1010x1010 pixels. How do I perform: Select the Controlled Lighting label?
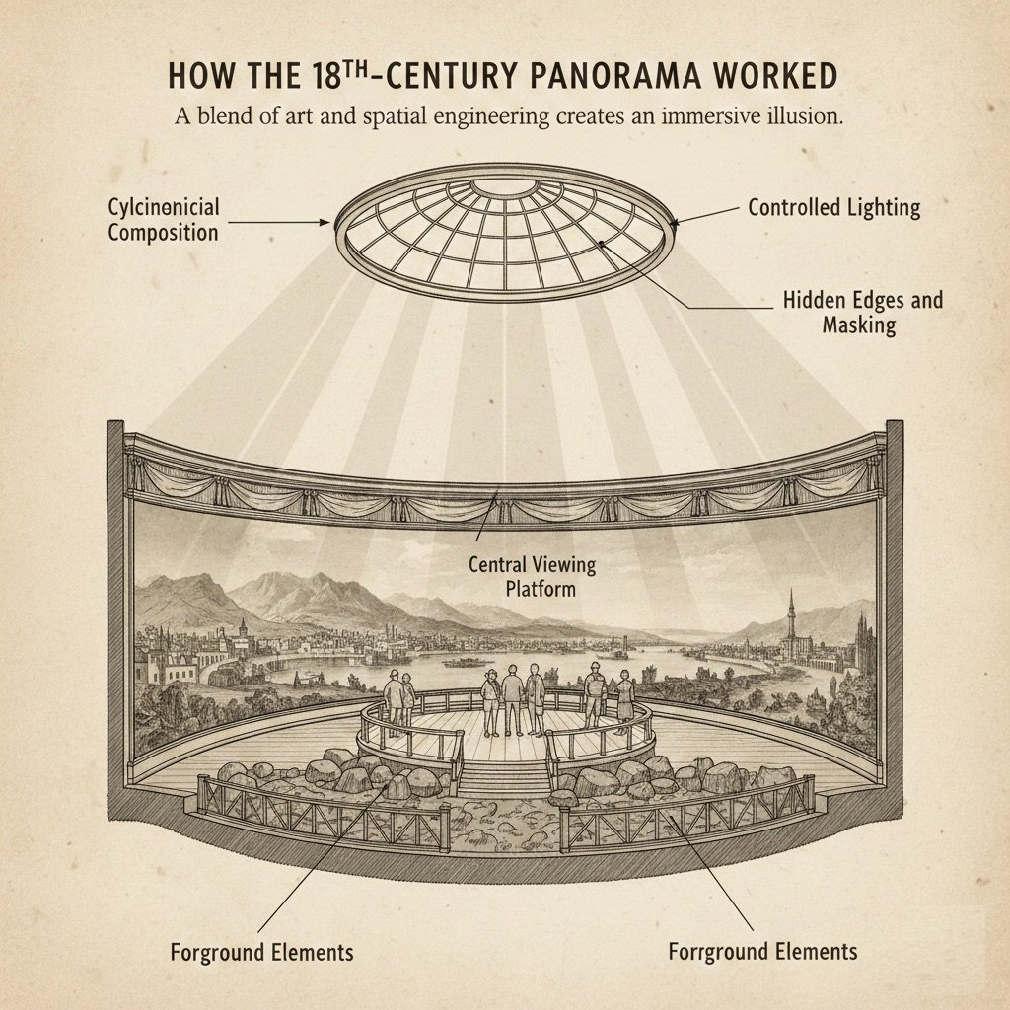click(833, 208)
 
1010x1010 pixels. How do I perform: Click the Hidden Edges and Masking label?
click(862, 312)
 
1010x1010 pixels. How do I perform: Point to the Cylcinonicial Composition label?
click(164, 219)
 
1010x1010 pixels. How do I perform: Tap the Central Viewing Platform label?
click(533, 577)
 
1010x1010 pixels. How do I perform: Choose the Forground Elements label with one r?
click(261, 953)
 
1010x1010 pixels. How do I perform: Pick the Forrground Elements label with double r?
click(762, 952)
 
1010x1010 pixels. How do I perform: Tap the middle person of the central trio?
click(511, 697)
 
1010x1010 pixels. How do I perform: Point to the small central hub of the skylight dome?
click(504, 187)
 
